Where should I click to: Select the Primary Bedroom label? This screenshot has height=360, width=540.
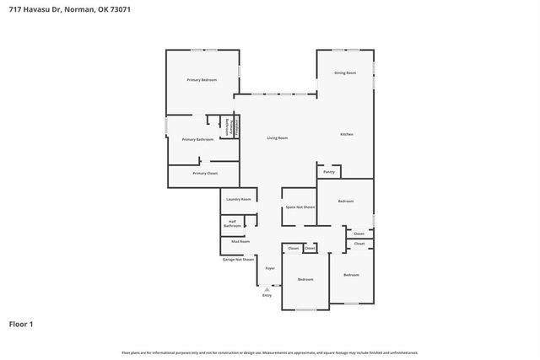[202, 79]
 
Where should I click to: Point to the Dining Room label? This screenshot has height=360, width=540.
[345, 73]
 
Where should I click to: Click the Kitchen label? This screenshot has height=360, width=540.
[346, 135]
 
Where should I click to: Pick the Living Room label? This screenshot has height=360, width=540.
[278, 137]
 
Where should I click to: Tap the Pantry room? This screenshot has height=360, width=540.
[329, 172]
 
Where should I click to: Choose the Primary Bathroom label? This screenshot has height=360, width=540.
[197, 139]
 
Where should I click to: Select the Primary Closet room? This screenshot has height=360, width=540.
[205, 173]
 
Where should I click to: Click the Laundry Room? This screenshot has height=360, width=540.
[239, 199]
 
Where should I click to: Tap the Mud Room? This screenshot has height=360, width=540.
[240, 241]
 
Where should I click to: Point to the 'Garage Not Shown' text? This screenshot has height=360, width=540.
[238, 260]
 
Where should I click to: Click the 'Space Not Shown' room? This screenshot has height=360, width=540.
[300, 207]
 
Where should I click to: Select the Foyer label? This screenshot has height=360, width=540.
[270, 268]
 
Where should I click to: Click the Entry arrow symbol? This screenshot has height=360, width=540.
[267, 288]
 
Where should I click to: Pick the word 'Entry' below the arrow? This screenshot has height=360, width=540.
[267, 296]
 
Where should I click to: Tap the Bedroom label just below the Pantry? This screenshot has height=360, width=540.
[346, 201]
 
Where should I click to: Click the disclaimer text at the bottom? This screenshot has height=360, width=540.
[269, 352]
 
